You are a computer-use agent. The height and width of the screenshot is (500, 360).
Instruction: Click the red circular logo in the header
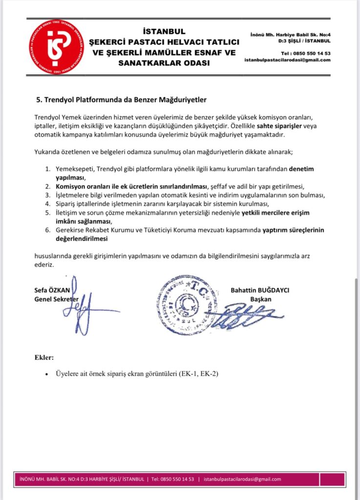click(56, 47)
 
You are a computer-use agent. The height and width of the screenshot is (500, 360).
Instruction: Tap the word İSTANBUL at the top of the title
click(166, 32)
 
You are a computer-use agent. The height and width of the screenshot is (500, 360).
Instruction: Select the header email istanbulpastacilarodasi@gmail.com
click(288, 60)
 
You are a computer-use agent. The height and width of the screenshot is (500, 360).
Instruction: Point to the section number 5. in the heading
click(40, 100)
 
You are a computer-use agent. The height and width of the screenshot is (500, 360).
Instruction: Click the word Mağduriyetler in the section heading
click(183, 100)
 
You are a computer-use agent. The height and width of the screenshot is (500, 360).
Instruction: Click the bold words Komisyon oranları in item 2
click(84, 186)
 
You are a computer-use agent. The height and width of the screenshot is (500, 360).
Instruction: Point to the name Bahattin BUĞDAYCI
click(260, 290)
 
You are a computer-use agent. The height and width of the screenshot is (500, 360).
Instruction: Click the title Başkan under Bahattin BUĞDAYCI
click(260, 299)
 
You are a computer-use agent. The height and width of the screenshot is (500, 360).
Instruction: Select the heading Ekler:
click(44, 358)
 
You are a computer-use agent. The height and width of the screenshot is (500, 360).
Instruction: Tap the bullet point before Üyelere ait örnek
click(46, 375)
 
